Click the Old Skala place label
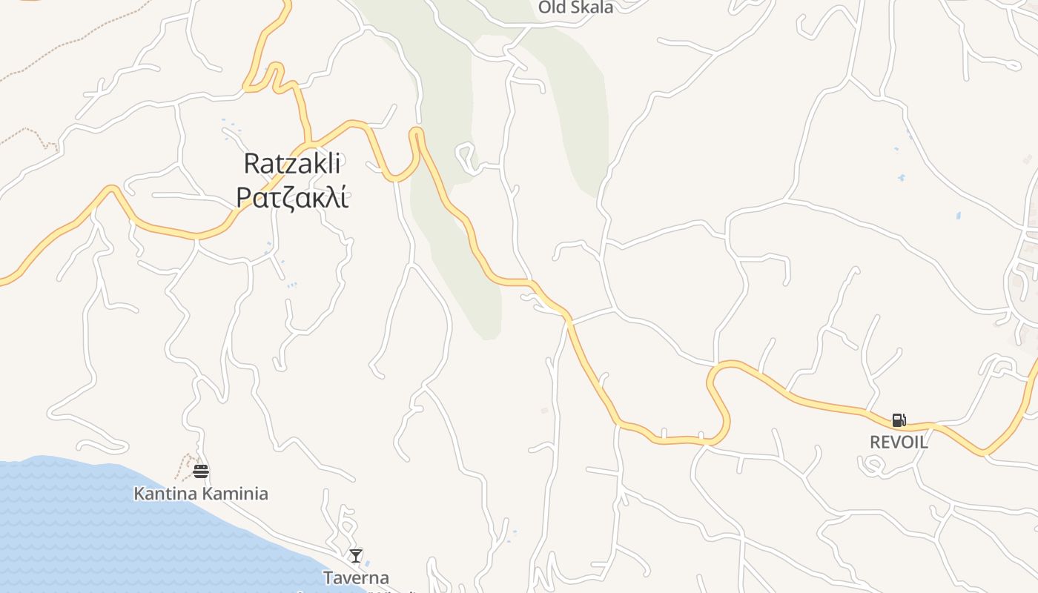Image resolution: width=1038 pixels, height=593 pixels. tap(575, 7)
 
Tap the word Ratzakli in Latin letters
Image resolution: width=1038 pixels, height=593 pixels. tap(292, 164)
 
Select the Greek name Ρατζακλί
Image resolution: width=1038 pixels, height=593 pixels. tap(292, 197)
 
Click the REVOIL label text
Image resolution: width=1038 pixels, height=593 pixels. tap(899, 443)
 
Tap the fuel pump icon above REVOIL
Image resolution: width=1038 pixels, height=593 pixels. tap(899, 421)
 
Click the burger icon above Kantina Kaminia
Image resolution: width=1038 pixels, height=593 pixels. tap(201, 471)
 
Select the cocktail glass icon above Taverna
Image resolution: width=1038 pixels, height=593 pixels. tap(356, 555)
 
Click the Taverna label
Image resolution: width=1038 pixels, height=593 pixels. tap(356, 577)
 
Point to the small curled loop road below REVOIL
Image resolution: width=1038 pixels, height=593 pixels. tap(872, 466)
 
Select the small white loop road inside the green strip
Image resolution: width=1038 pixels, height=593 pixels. tap(466, 156)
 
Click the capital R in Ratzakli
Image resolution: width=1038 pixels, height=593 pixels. tap(251, 164)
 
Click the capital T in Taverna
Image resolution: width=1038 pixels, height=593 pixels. tap(328, 577)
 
